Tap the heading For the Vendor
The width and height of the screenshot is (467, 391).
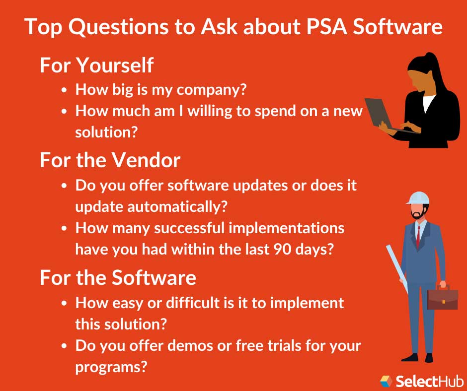click(110, 160)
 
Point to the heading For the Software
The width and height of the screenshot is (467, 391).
click(118, 277)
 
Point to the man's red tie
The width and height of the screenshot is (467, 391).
click(418, 237)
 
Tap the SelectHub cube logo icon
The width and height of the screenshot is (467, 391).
click(386, 381)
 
